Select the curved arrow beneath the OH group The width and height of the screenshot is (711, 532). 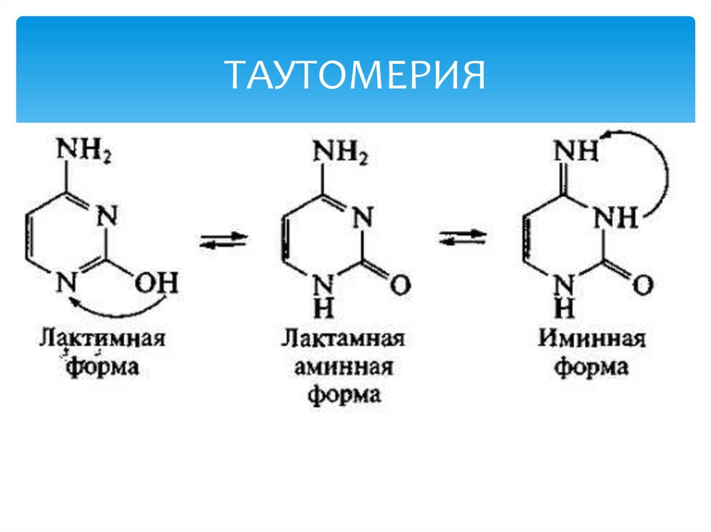point(118,304)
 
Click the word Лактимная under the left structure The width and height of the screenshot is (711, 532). point(102,341)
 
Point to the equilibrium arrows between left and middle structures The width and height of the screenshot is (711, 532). point(224,241)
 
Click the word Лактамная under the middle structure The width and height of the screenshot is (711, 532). point(344,341)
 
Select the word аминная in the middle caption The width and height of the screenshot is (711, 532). point(344,368)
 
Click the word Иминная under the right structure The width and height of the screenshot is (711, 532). point(592,341)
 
